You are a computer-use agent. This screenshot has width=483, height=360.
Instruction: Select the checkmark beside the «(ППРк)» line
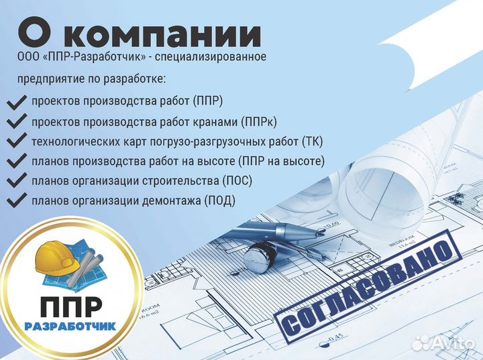coord(15,122)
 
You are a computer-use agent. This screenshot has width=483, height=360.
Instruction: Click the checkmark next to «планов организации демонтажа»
coord(15,200)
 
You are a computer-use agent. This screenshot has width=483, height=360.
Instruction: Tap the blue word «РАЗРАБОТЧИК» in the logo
coord(70,326)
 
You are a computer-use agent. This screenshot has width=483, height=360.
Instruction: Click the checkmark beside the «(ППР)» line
coord(15,103)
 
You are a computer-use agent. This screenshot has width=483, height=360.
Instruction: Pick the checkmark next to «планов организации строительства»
coord(15,181)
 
